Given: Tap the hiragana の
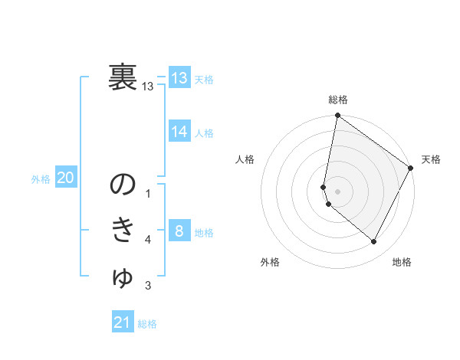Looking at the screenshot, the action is pos(123,185).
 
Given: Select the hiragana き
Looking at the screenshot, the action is pos(123,231).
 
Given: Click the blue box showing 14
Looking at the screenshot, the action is pos(179,132).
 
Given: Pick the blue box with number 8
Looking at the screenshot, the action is pos(179,231).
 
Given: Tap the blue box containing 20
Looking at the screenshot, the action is pos(65,178).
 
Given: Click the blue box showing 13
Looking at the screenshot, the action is pos(179,78).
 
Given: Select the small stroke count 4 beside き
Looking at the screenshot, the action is pos(148,240).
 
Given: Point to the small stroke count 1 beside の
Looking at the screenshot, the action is pos(148,194).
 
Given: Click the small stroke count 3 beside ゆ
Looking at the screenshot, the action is pos(148,286).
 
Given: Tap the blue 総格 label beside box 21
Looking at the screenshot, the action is pos(147,324).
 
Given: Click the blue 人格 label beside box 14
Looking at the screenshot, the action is pos(204,133).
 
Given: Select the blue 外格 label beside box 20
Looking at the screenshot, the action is pos(41,179).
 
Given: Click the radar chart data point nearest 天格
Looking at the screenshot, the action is pos(411,169).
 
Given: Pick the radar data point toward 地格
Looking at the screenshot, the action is pos(374,242).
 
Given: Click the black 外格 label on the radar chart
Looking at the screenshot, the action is pos(270,263).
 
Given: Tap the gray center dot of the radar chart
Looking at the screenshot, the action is pos(337,191).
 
